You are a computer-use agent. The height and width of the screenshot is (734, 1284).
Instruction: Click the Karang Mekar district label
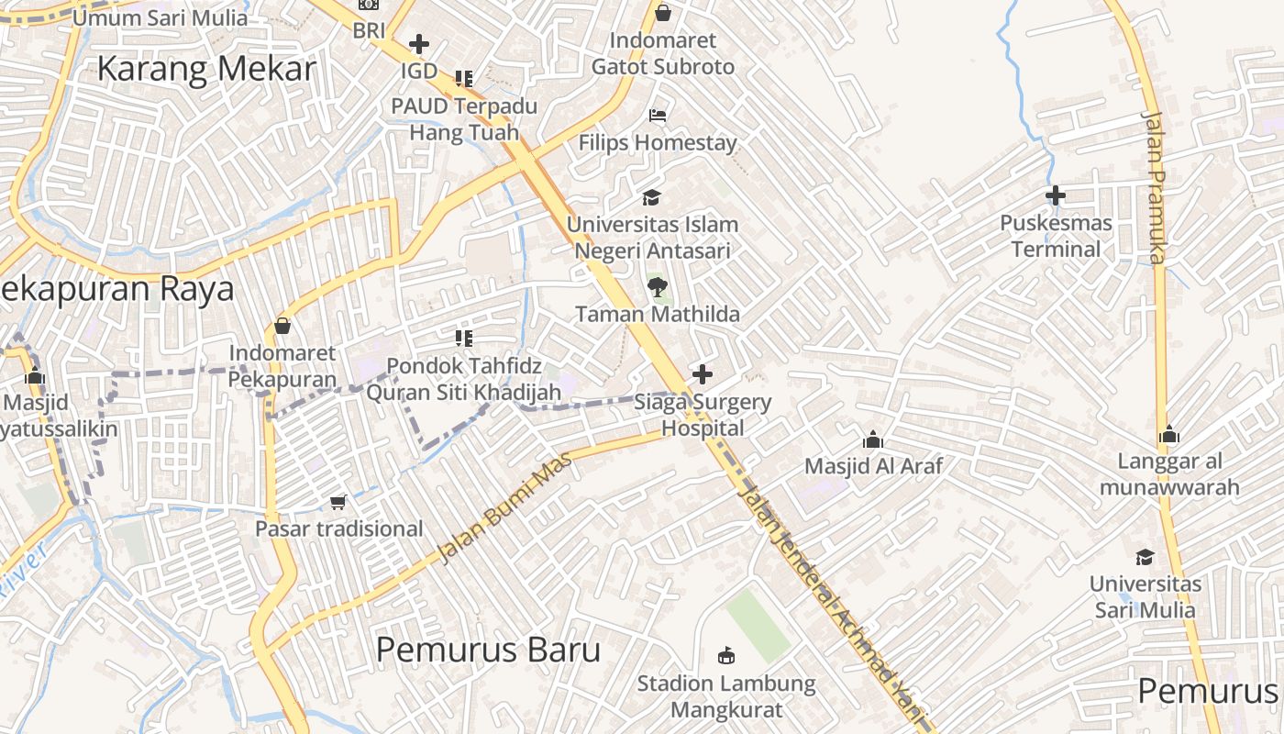point(206,69)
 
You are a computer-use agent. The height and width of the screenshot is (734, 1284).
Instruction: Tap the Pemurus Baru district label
point(488,650)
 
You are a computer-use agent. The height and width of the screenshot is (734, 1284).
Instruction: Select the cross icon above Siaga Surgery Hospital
point(703,374)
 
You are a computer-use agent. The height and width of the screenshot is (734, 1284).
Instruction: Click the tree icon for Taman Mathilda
point(657,287)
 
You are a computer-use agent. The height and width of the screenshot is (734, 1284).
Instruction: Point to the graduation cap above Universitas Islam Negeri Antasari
point(651,197)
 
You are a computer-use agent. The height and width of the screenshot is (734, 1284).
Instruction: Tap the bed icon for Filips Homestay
point(658,116)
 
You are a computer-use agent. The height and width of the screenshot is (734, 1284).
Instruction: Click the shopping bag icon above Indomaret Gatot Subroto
point(663,13)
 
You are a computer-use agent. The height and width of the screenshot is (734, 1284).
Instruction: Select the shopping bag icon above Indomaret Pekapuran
point(282,326)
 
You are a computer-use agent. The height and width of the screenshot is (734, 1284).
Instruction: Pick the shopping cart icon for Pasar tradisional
point(338,502)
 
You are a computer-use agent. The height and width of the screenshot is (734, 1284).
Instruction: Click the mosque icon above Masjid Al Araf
point(873,439)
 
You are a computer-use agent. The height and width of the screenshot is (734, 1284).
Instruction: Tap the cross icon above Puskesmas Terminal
point(1056,195)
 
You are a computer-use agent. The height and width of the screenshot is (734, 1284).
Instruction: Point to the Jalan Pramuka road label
point(1153,188)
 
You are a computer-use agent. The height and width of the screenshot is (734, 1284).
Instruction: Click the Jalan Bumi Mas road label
point(504,506)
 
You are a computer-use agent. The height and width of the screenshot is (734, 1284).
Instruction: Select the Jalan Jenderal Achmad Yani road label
point(830,601)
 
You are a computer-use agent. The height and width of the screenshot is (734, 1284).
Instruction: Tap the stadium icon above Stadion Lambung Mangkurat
point(726,655)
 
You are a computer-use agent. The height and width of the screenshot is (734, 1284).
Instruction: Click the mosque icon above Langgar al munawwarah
point(1169,434)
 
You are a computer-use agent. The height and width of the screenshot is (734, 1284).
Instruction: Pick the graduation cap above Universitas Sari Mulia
point(1145,557)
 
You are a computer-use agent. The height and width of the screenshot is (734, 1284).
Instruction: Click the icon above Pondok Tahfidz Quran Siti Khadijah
point(464,339)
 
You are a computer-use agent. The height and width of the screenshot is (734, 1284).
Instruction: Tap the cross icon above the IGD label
point(419,43)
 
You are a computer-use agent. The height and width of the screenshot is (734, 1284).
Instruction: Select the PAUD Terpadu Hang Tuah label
point(464,119)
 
